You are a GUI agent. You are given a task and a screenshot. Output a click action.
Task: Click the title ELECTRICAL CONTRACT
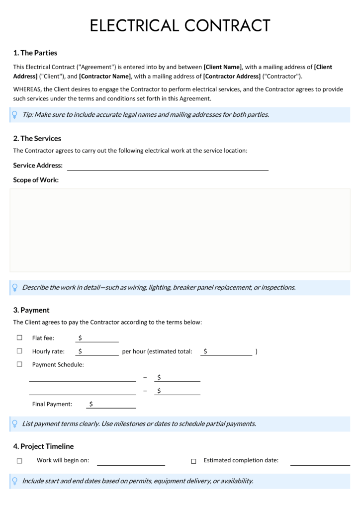[180, 25]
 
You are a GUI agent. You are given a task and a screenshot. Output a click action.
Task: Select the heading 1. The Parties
[35, 53]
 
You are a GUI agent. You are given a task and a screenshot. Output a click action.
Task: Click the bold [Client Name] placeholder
[223, 67]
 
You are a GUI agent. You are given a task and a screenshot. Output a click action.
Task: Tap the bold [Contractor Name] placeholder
[105, 76]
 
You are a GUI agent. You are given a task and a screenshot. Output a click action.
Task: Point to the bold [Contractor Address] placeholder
[232, 76]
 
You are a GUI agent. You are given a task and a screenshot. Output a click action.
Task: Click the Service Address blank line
[168, 166]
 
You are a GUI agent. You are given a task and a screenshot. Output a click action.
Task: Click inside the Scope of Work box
[180, 230]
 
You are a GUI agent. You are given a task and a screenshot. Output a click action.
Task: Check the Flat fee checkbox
[19, 338]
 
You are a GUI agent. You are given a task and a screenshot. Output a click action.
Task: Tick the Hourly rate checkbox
[19, 351]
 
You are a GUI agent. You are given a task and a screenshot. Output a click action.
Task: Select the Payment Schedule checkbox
[19, 364]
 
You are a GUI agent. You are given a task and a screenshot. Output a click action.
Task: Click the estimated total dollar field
[227, 351]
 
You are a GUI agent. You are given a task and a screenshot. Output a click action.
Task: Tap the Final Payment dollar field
[111, 404]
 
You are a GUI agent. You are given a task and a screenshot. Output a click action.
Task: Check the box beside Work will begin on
[19, 461]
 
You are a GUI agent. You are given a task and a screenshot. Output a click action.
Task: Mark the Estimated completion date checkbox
[193, 461]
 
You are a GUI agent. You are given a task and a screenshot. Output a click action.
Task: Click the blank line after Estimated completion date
[320, 461]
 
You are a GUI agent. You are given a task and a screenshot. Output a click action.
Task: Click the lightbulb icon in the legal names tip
[15, 115]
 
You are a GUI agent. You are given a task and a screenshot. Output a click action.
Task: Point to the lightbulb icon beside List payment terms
[15, 424]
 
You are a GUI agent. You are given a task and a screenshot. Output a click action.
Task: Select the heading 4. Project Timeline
[43, 446]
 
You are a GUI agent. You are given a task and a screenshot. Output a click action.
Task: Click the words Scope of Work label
[36, 180]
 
